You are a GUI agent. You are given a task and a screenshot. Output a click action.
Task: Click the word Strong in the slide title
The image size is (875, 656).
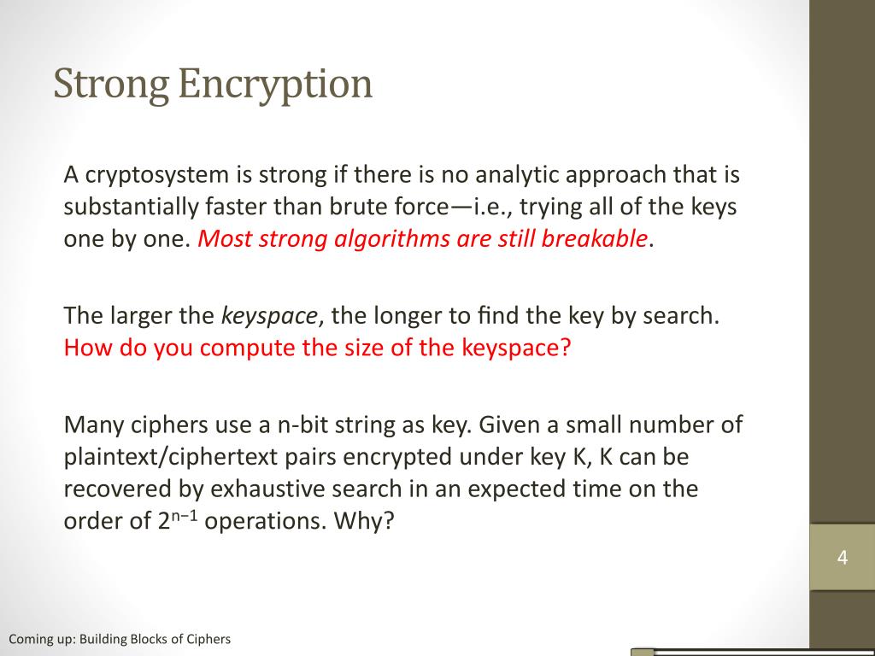pos(110,85)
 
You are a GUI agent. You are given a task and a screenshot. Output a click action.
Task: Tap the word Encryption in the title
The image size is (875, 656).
pos(275,85)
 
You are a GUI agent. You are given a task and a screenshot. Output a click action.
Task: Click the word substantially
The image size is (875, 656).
pos(131,207)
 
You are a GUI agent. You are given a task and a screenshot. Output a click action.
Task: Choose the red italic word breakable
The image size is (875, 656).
pos(595,239)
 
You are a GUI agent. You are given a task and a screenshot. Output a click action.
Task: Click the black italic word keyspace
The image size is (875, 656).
pos(269,317)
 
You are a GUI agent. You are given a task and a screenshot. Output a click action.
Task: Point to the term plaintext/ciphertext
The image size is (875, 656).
pos(171,458)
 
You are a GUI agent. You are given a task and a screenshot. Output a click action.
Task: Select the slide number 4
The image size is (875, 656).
pos(843,557)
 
